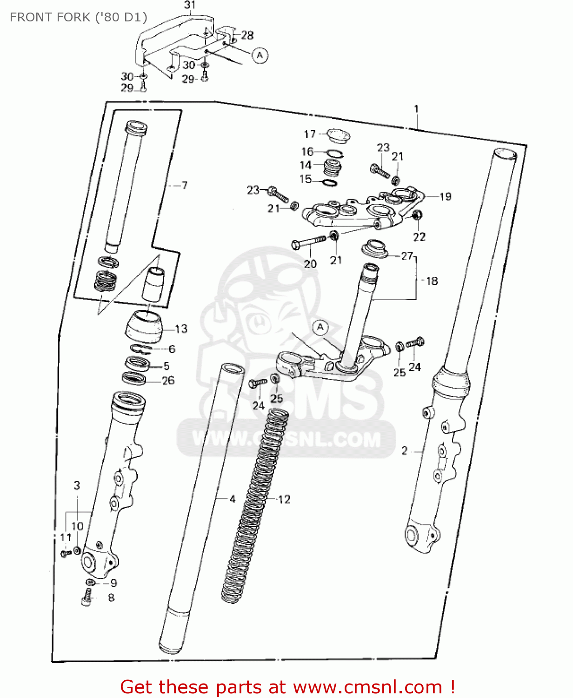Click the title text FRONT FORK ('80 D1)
click(x=78, y=18)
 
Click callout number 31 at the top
click(x=190, y=5)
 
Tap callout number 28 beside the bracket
click(x=247, y=35)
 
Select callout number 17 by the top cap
click(x=310, y=134)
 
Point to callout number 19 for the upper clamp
click(x=445, y=196)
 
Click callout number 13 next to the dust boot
click(x=181, y=329)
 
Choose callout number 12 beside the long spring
click(x=284, y=499)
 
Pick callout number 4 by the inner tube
click(x=233, y=499)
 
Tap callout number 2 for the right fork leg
click(x=404, y=450)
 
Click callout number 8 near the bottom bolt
click(x=111, y=597)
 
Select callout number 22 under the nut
click(x=419, y=237)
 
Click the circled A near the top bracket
click(x=260, y=55)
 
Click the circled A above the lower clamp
click(x=320, y=327)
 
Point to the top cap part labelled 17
click(x=338, y=136)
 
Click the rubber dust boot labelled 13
click(x=144, y=326)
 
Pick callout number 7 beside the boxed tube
click(x=184, y=185)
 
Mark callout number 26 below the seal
click(x=168, y=381)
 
